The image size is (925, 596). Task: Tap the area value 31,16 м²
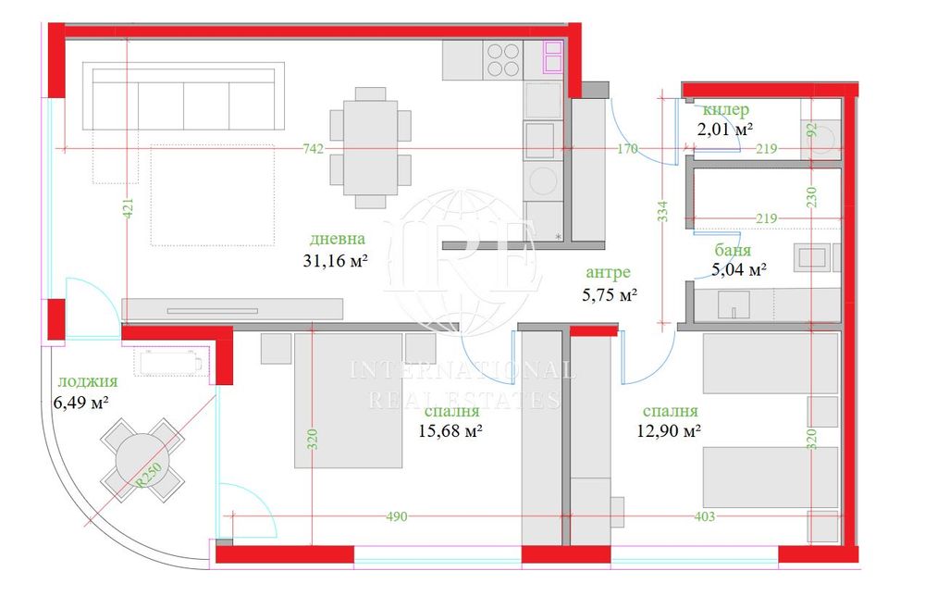336,260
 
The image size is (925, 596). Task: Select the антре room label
608,272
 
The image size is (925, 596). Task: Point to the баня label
732,250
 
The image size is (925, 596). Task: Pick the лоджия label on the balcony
87,381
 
